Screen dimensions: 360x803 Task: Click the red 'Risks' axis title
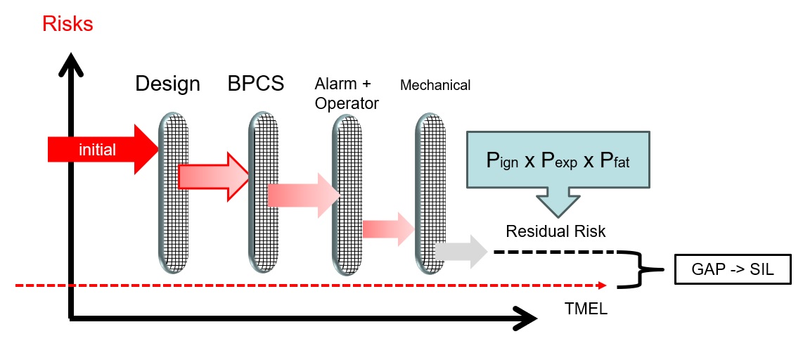pos(68,23)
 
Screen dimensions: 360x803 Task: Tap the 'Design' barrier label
pos(167,84)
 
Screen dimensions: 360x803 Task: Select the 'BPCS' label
pos(255,84)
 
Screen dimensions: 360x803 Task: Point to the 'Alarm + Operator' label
pos(347,94)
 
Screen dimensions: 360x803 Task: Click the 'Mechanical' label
pos(435,85)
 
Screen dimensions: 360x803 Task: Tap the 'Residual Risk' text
pos(555,231)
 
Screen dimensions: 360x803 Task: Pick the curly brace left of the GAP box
pos(641,269)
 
